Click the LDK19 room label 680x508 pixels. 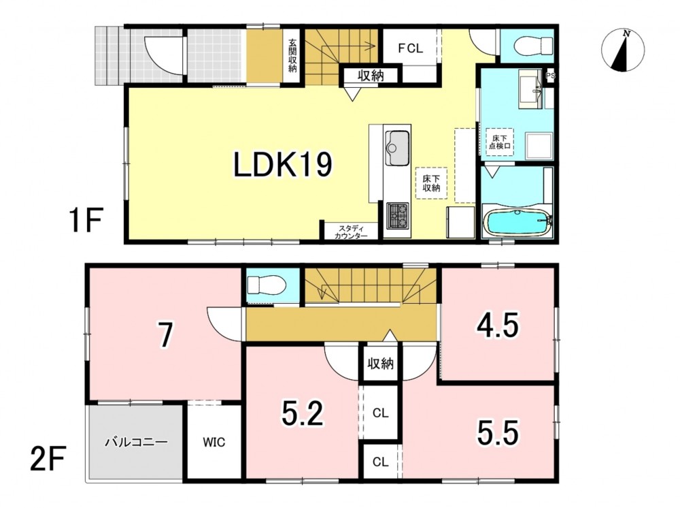coord(283,165)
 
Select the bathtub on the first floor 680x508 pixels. coord(517,222)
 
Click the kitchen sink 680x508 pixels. coord(397,148)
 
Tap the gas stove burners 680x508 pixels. coord(397,216)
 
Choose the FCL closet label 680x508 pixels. coord(410,48)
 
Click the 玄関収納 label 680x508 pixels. coord(292,56)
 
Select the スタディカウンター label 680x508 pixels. coord(351,232)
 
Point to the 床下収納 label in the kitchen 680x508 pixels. coord(432,182)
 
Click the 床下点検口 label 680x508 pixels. coord(500,142)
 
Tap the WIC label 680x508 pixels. coord(214,442)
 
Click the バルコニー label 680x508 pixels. coord(136,443)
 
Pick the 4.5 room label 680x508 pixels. coord(498,326)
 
